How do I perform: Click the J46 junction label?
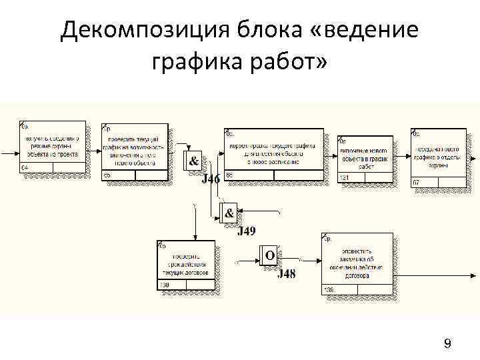(x=211, y=179)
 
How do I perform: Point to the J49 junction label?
(x=247, y=231)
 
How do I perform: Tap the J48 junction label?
(x=286, y=274)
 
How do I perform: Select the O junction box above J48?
(x=269, y=255)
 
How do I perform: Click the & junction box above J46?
(x=193, y=161)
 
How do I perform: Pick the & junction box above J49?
(x=229, y=213)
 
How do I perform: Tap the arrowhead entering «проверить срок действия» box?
(x=195, y=237)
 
